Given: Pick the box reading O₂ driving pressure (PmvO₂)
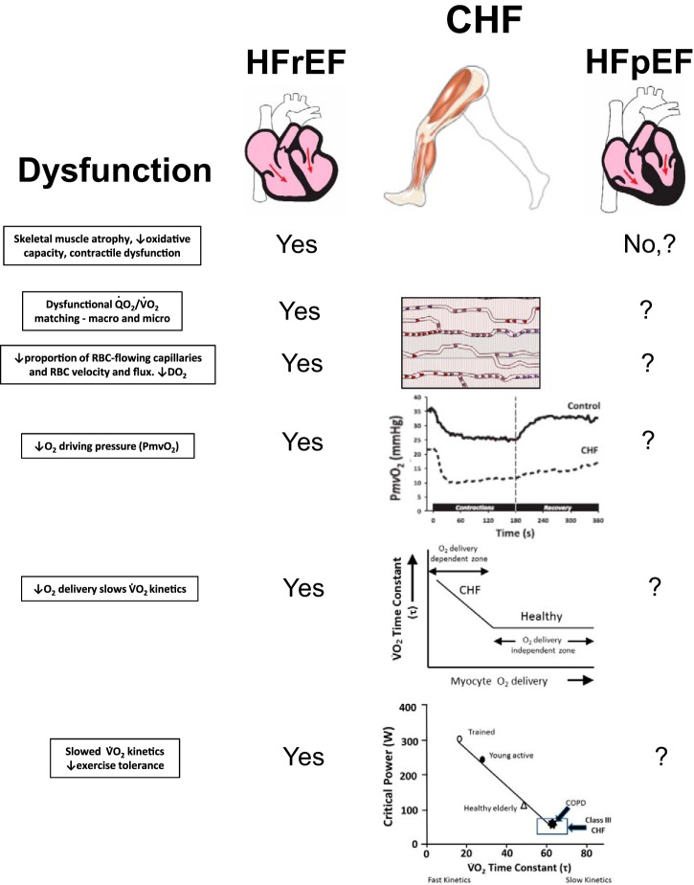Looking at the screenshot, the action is coord(111,444).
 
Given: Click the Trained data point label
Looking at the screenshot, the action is coord(483,732).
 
